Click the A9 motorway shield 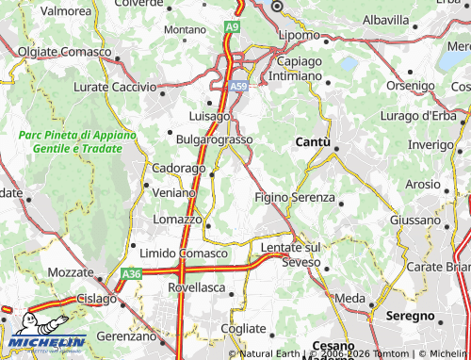click(232, 29)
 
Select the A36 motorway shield click(131, 274)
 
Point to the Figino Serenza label click(294, 197)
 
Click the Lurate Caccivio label click(114, 86)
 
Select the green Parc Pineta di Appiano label click(77, 142)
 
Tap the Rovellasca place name click(203, 289)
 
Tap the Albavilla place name click(385, 19)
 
